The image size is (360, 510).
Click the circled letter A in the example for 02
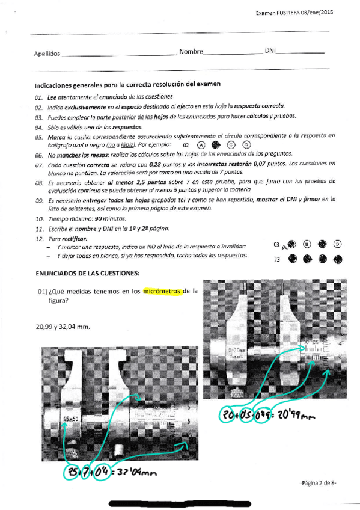click(x=201, y=145)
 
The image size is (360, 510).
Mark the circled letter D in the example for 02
click(x=246, y=145)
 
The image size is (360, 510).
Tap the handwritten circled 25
click(x=72, y=472)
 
